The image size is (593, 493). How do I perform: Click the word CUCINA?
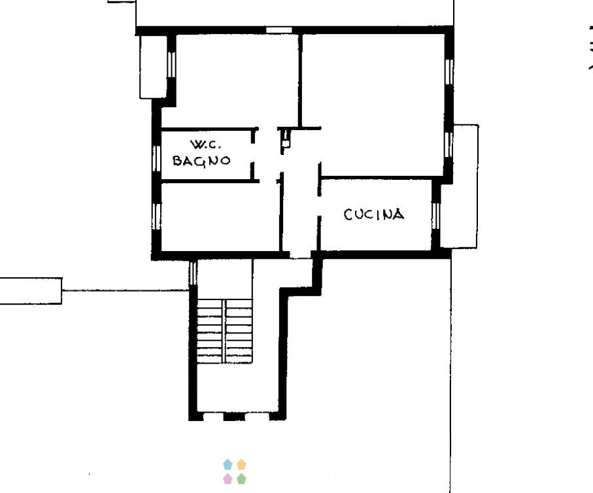(x=374, y=214)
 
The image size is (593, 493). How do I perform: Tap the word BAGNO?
(x=201, y=160)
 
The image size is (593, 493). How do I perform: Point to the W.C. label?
(x=206, y=144)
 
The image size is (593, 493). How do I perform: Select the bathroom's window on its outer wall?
(x=156, y=158)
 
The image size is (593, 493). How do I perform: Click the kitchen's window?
(x=436, y=216)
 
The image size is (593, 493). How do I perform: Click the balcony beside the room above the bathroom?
(x=154, y=67)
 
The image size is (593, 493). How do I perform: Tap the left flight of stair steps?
(x=211, y=331)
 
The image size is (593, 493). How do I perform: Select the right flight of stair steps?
(x=239, y=331)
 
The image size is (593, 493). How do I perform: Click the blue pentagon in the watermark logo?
(x=228, y=464)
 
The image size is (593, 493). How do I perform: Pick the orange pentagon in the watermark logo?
(x=241, y=464)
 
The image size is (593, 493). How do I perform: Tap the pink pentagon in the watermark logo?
(x=228, y=479)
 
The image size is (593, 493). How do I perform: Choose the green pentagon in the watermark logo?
(x=241, y=479)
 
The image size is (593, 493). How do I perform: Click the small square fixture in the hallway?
(x=286, y=143)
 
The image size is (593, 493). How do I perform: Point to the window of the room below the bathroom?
(x=156, y=216)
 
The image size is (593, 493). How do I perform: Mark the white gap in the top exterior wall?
(x=279, y=30)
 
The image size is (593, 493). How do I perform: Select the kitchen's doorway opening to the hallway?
(x=319, y=206)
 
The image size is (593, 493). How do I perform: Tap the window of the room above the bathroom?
(x=171, y=64)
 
